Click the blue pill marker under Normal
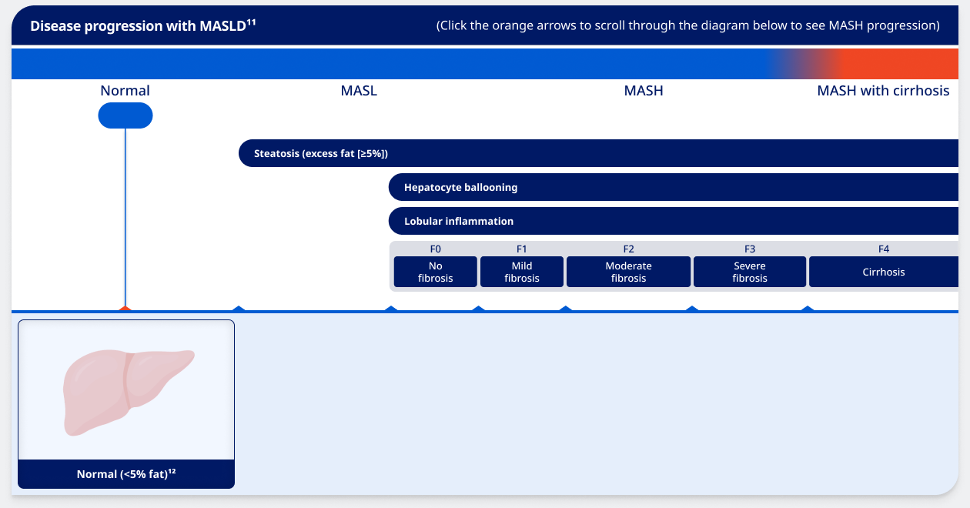[x=125, y=115]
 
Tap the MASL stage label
[x=359, y=91]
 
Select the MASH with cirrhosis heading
[x=883, y=91]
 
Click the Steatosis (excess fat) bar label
[x=321, y=153]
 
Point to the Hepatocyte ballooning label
[x=460, y=187]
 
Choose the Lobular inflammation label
[x=459, y=221]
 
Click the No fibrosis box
[x=436, y=272]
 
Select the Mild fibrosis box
[x=522, y=272]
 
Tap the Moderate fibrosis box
[x=628, y=272]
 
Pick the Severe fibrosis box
[x=750, y=272]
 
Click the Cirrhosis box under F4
[x=884, y=272]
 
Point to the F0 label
[x=436, y=249]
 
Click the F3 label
[x=750, y=249]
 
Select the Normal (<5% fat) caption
[x=126, y=474]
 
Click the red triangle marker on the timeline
[x=125, y=309]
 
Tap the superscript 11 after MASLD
[x=251, y=22]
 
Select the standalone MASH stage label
[x=644, y=91]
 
